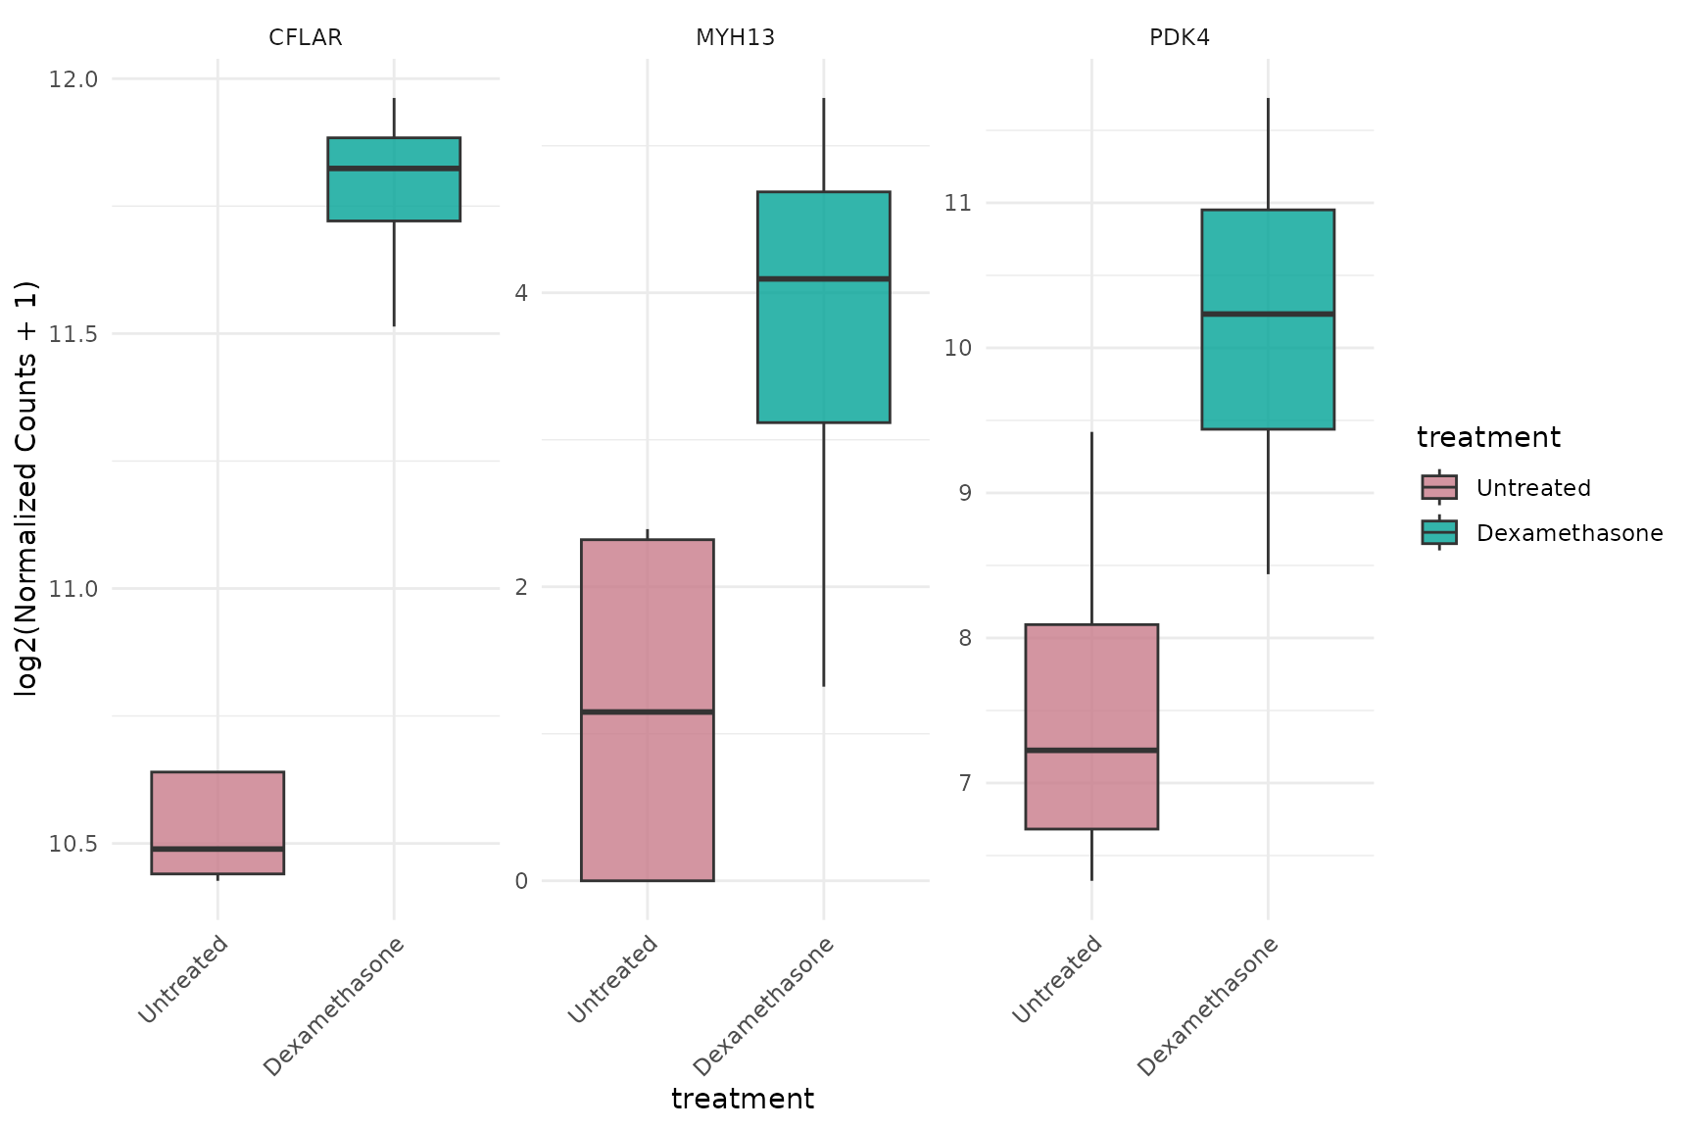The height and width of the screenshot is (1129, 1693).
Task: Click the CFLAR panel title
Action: click(x=306, y=38)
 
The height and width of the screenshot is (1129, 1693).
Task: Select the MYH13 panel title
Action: click(x=735, y=38)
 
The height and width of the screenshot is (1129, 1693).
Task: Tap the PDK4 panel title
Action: click(x=1180, y=38)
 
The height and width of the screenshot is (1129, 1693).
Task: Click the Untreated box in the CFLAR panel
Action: click(x=218, y=822)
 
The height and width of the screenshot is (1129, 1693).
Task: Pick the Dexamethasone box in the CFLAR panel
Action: click(x=394, y=179)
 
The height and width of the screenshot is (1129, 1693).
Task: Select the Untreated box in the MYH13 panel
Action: click(x=648, y=710)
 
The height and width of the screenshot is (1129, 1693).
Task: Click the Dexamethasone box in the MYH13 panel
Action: click(x=824, y=307)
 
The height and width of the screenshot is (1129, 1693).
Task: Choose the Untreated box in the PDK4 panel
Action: click(x=1091, y=726)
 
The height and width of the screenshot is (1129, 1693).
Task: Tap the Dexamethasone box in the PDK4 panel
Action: click(x=1268, y=319)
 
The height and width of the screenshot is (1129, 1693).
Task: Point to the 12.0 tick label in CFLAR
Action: click(x=73, y=79)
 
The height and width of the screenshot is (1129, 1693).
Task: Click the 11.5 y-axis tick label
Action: click(x=73, y=334)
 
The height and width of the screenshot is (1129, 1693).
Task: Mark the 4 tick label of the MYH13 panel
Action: click(x=521, y=293)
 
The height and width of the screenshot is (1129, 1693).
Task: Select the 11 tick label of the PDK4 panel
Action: click(x=957, y=203)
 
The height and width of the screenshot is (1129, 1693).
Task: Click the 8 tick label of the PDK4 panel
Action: click(x=964, y=638)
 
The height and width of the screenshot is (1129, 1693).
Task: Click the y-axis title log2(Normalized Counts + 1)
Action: click(x=26, y=488)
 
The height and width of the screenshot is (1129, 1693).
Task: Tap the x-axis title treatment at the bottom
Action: click(x=743, y=1099)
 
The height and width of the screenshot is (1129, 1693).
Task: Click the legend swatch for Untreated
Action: click(x=1439, y=488)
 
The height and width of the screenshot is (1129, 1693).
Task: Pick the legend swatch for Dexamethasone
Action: click(x=1439, y=532)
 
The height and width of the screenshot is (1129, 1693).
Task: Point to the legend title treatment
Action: click(x=1488, y=437)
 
